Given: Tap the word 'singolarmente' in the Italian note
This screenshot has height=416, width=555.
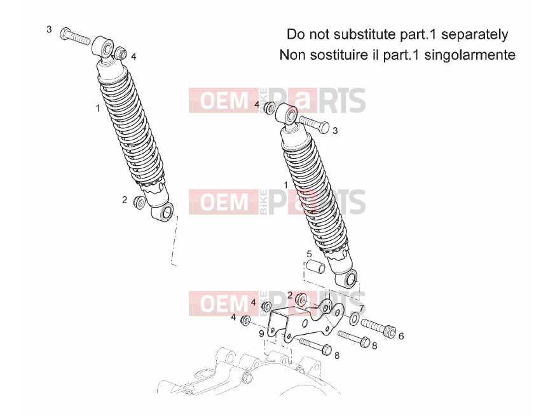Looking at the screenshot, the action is pos(470,55).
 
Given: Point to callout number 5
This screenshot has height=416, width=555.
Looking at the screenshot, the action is pos(309,254).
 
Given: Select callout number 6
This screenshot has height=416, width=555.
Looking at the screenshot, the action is pos(401,336).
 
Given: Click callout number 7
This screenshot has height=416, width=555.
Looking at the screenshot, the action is pos(362,308).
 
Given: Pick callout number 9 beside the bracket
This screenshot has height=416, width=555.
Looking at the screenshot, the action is pos(261,333).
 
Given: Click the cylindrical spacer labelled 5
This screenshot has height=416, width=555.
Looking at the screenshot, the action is pos(316,267).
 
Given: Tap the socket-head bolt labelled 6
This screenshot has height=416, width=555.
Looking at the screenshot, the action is pos(378,328).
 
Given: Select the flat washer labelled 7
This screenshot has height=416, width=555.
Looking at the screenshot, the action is pos(353,318).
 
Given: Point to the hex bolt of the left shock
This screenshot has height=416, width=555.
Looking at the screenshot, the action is pos(74,36).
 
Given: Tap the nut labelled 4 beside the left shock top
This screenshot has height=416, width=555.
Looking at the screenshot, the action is pos(121,53).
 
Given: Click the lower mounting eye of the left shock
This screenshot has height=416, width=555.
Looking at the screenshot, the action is pos(163,212).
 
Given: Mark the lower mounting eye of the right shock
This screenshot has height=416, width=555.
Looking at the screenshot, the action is pos(348,280).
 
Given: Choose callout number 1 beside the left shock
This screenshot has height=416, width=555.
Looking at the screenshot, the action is pos(98,108).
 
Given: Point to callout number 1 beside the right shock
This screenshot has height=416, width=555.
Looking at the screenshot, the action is pos(286,185).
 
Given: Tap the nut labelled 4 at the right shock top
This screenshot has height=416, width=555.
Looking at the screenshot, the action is pos(270,107).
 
